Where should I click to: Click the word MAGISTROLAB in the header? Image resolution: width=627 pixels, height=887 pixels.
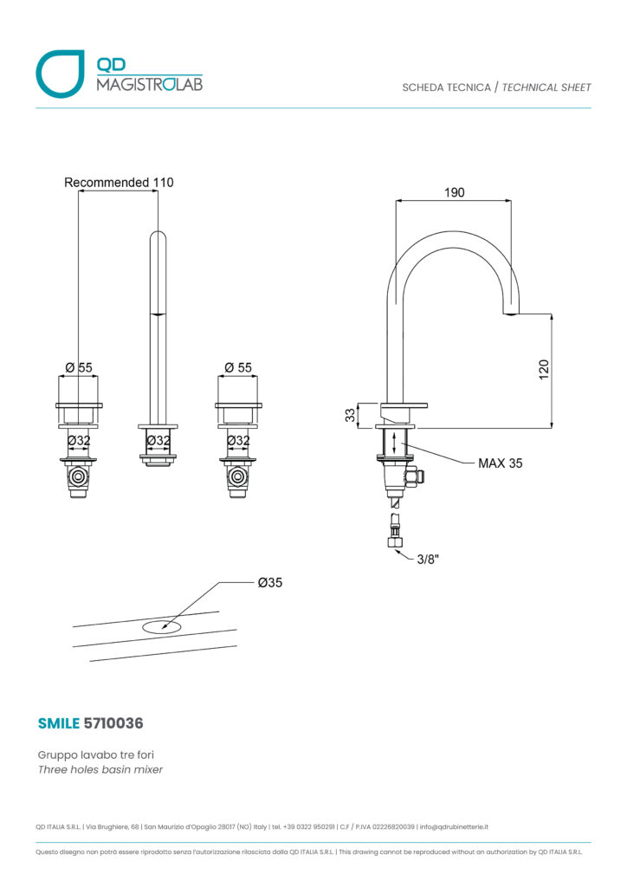[149, 84]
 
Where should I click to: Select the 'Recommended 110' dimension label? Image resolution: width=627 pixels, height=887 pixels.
[119, 182]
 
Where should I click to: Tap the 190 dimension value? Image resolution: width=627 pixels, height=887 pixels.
[454, 192]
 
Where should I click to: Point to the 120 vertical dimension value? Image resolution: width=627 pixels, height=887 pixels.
[544, 369]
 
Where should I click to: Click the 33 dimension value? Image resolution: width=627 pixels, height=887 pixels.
[351, 415]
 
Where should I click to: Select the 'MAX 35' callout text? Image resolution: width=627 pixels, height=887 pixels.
[501, 463]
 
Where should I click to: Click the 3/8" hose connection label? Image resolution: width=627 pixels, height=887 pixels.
[428, 559]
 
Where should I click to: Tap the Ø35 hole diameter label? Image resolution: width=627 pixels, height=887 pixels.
[269, 582]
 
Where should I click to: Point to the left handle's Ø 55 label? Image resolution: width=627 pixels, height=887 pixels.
[79, 367]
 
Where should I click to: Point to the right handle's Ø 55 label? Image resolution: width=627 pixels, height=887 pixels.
[238, 367]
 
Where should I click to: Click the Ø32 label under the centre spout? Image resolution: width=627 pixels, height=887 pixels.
[158, 440]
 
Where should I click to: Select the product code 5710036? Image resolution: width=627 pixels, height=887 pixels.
[113, 723]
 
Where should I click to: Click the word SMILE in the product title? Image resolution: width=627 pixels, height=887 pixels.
[58, 723]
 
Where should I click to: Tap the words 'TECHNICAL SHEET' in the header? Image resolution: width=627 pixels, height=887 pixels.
[546, 87]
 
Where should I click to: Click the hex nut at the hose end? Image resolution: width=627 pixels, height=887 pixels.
[396, 542]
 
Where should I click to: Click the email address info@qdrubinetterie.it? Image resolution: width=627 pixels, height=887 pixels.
[454, 826]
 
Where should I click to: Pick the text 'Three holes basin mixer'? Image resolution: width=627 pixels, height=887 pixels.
[100, 769]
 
